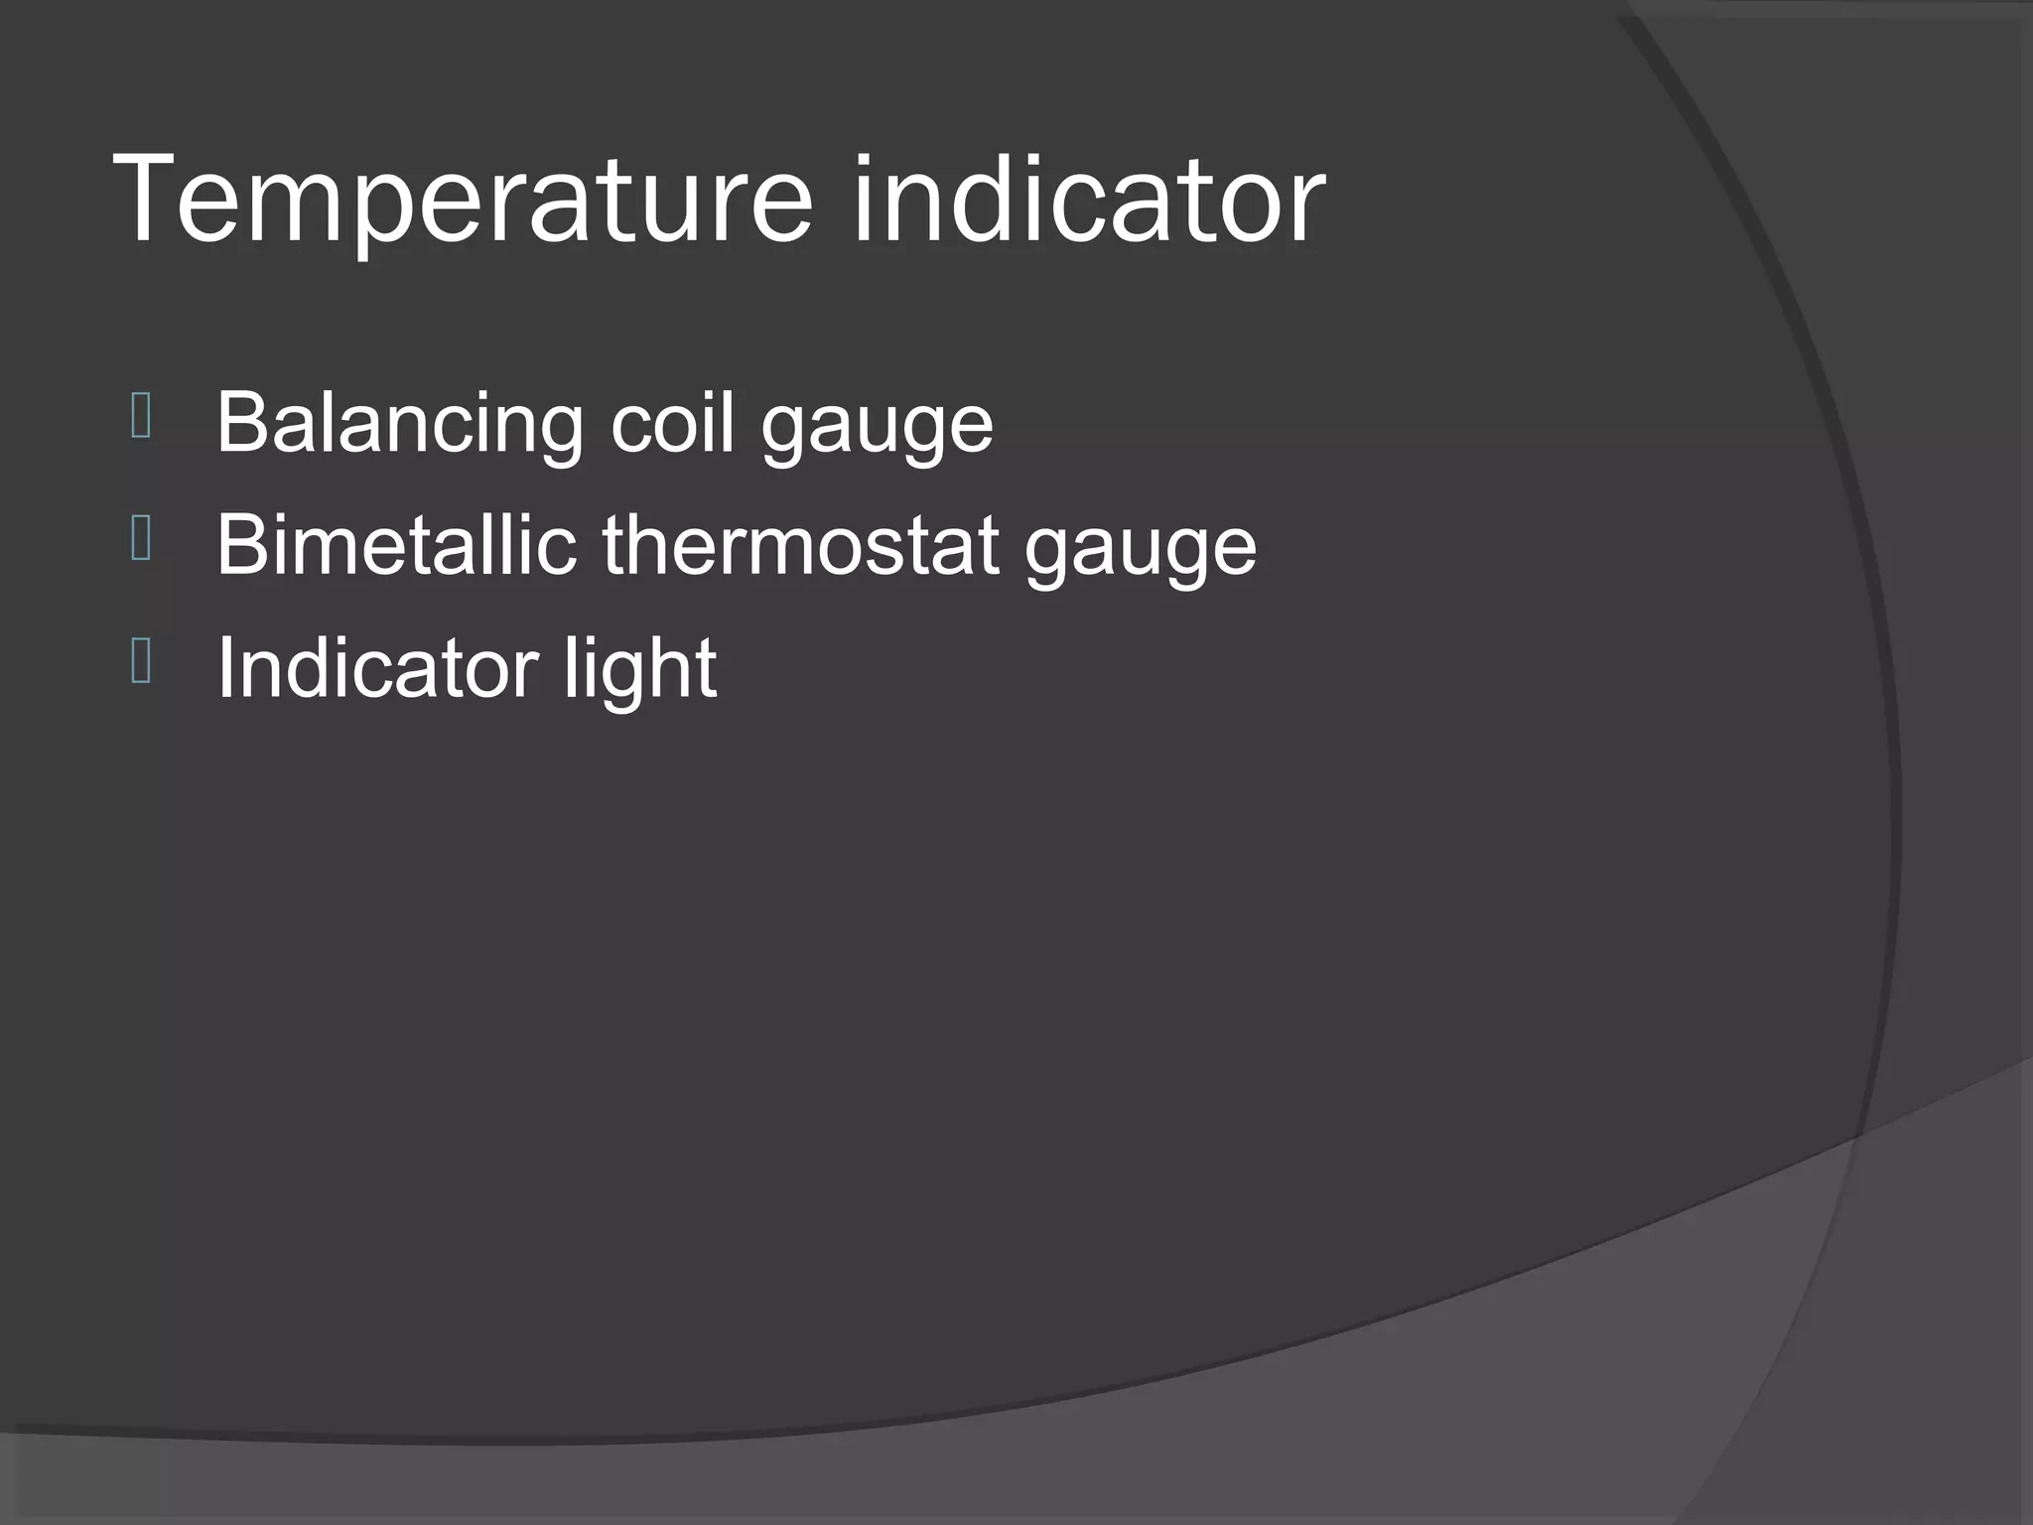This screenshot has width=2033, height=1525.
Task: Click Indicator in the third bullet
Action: tap(377, 667)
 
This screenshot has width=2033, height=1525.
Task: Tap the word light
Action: tap(640, 670)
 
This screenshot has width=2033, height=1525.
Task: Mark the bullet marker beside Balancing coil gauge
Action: tap(141, 417)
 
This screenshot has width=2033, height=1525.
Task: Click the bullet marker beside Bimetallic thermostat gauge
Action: tap(141, 540)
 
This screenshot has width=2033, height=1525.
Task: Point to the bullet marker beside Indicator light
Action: tap(141, 662)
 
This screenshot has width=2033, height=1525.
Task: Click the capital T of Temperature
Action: tap(149, 199)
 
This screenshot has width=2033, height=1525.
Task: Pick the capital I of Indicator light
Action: tap(224, 667)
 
